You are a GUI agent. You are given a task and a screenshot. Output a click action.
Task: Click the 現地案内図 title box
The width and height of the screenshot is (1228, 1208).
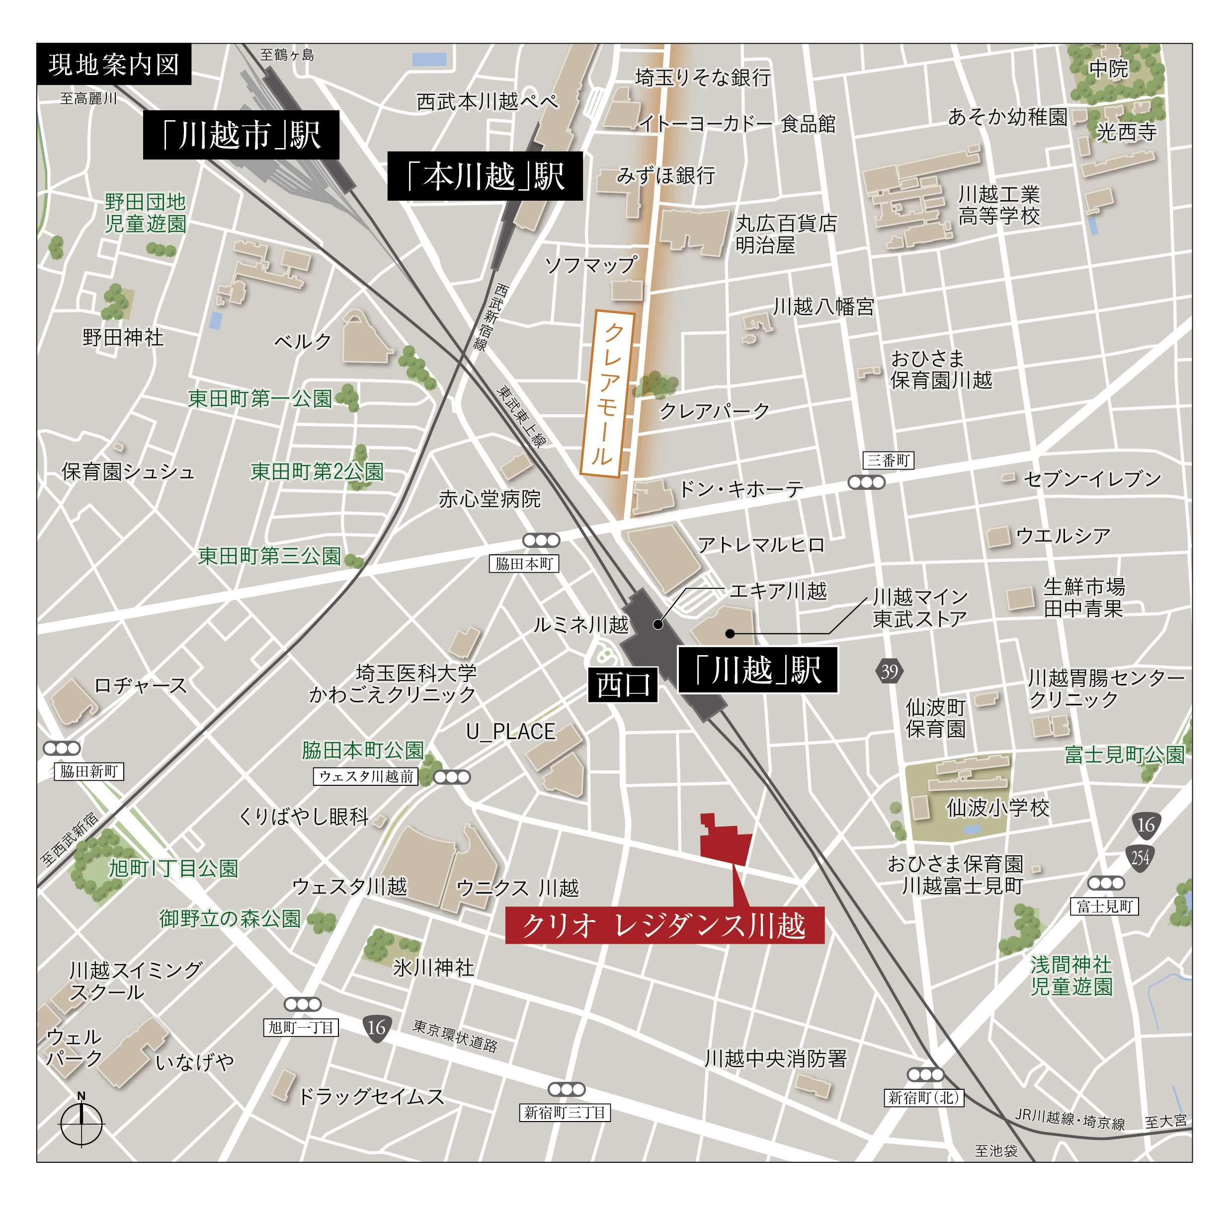(114, 65)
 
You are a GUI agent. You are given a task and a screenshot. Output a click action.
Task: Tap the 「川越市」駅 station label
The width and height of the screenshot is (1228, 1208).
(241, 135)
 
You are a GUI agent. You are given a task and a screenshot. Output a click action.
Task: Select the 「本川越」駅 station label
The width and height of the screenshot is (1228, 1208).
(485, 176)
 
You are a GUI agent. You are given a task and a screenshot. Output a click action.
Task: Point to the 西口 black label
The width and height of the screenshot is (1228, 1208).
(623, 684)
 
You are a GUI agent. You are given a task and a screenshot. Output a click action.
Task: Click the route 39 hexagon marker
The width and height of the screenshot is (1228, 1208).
(889, 671)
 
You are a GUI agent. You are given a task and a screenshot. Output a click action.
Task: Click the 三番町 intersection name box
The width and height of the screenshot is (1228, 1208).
(888, 460)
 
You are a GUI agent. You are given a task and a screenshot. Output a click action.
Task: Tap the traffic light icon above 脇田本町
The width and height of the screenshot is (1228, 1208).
(541, 540)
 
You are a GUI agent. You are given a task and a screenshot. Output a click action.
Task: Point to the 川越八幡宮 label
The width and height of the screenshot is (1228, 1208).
(823, 307)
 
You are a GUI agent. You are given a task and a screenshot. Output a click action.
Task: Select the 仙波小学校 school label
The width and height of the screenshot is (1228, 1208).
(997, 808)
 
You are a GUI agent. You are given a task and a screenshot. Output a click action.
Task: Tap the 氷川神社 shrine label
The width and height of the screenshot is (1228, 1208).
(433, 968)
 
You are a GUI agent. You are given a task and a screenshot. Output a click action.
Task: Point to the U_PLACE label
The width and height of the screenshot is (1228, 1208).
(511, 732)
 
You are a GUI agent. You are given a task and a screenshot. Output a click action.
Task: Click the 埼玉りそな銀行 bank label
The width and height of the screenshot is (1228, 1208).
(703, 77)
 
